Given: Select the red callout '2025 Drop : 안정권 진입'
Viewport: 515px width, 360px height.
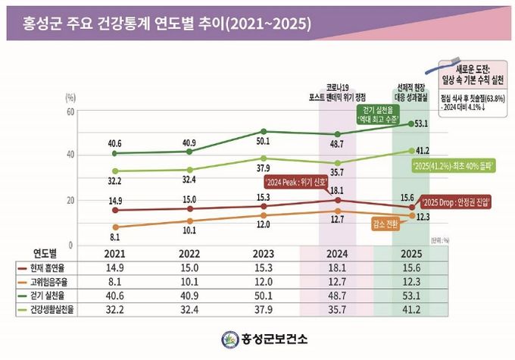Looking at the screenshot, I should coord(454,202).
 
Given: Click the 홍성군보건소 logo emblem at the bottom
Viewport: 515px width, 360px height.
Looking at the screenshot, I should coord(229,338).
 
